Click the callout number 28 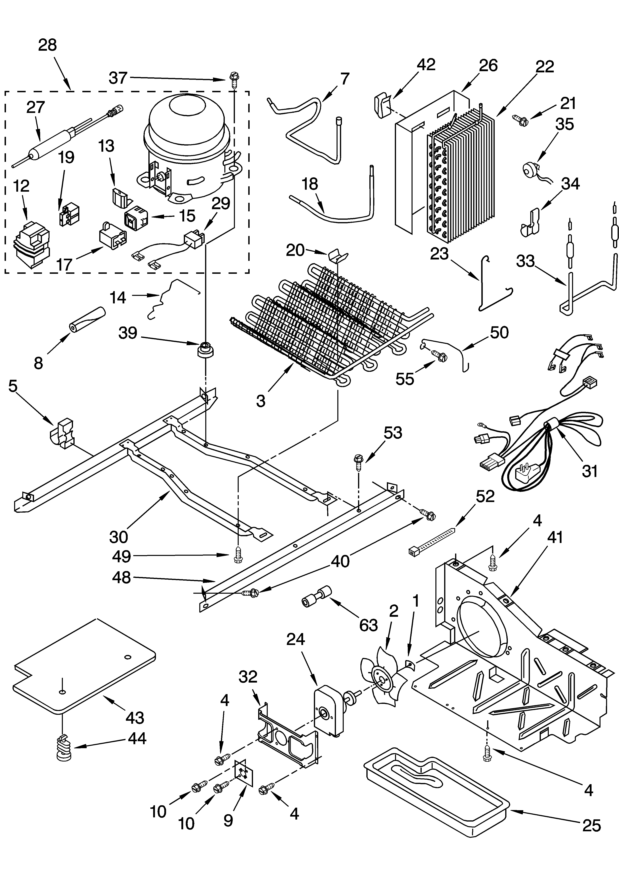(x=48, y=45)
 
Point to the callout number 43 (x=135, y=718)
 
